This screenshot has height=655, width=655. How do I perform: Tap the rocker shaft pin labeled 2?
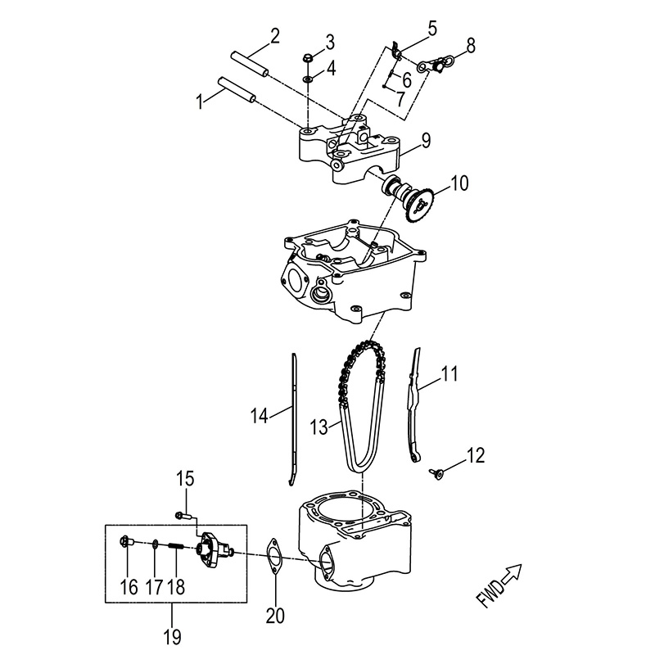click(250, 63)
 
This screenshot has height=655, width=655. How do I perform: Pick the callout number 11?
click(449, 376)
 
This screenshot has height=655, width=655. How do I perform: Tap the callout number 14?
click(259, 417)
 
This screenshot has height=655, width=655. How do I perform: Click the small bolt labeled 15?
click(183, 515)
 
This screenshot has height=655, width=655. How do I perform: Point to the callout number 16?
click(128, 586)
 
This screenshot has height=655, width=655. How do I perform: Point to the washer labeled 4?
click(307, 79)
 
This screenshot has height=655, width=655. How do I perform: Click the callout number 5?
click(432, 29)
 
